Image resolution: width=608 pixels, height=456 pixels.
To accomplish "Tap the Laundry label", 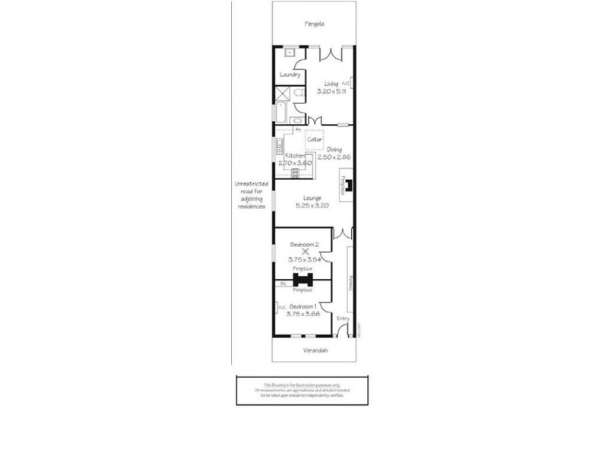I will coord(290,74).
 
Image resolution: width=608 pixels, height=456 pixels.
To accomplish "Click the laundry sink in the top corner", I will coord(290,53).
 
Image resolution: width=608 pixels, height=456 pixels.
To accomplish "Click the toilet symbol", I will coord(300,93).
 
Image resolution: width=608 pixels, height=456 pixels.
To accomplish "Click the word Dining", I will coord(334,150).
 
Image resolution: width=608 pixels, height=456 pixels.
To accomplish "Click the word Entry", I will coord(343,318).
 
